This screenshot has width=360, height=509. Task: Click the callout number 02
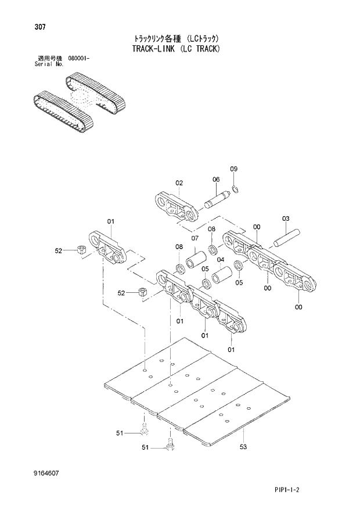(179, 183)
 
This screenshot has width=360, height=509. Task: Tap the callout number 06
(215, 180)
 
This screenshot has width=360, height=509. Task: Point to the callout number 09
(234, 169)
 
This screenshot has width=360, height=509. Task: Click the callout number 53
(243, 447)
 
